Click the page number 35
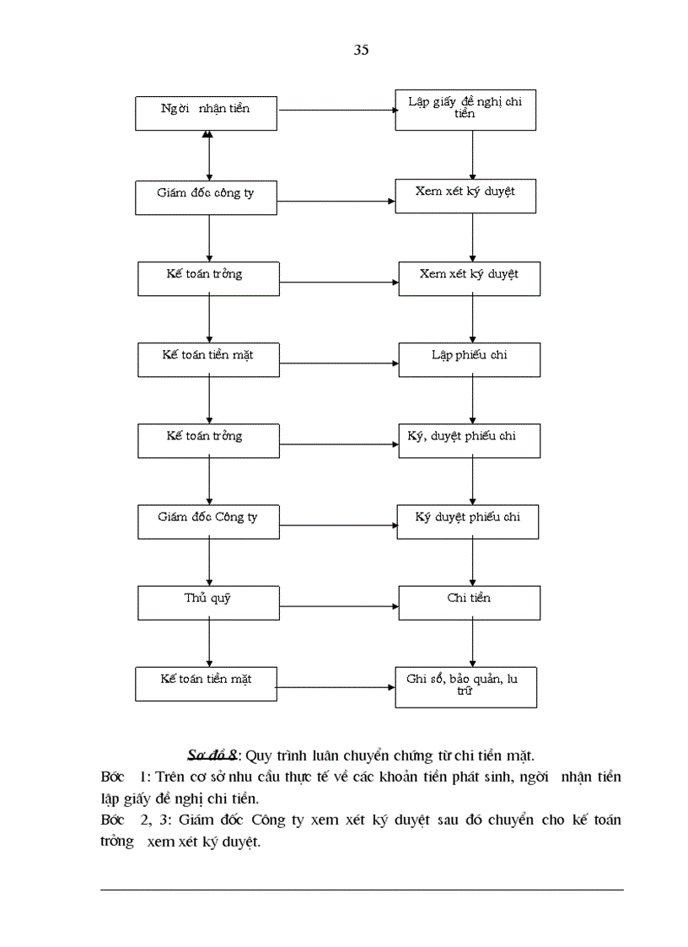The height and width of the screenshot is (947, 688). tap(361, 51)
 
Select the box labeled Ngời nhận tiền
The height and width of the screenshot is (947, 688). tap(206, 113)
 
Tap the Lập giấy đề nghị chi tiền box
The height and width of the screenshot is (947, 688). tap(465, 113)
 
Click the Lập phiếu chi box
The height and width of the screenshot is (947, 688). tap(469, 359)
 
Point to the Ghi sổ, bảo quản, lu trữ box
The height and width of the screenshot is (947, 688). tap(465, 686)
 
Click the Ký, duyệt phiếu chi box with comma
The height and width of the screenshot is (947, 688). tap(469, 441)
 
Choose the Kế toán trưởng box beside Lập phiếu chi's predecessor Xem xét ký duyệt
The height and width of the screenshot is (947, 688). tap(208, 278)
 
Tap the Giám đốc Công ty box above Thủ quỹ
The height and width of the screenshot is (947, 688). tap(208, 522)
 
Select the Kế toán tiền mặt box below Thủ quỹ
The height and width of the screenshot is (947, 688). tap(206, 683)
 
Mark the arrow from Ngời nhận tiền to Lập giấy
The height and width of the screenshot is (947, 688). tap(337, 110)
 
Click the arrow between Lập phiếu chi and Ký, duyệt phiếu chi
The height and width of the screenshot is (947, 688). tap(472, 400)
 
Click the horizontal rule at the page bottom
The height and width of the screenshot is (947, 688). tap(362, 890)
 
